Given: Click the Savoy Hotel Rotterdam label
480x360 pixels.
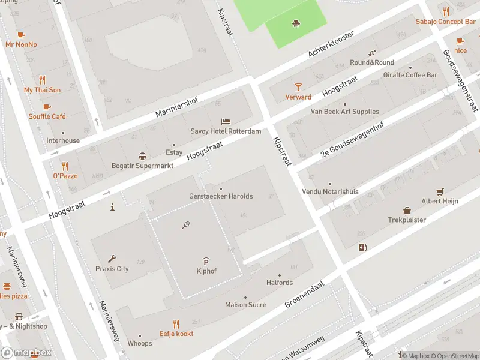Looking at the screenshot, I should pos(226,131).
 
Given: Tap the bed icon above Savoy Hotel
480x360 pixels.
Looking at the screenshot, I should pos(226,121).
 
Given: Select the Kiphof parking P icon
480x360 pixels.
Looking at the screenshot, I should pos(206,261).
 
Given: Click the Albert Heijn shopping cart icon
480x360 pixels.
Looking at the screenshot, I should pos(440,191).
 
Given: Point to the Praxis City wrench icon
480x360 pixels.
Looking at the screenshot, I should pos(112,259).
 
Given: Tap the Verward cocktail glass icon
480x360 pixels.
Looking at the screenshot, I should pos(298,87).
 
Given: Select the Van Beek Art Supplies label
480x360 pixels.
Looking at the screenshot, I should pos(344,112).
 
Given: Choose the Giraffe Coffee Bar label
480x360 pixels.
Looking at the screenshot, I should pos(410,75).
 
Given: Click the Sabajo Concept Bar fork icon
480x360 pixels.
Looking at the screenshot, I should pos(445,11).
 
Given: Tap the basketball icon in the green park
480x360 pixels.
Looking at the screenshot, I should pos(296,24).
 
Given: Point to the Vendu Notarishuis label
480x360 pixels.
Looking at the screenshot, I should pos(329,191).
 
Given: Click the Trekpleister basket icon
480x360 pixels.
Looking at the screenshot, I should pos(407,210).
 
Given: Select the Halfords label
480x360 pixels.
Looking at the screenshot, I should pos(280,283).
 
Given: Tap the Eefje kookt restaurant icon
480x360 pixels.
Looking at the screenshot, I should pos(176,323).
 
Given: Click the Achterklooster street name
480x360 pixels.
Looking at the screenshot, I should pos(331,44).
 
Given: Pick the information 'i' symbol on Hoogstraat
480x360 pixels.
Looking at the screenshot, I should pos(112,207).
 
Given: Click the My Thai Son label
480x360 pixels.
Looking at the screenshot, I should pos(42,90).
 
